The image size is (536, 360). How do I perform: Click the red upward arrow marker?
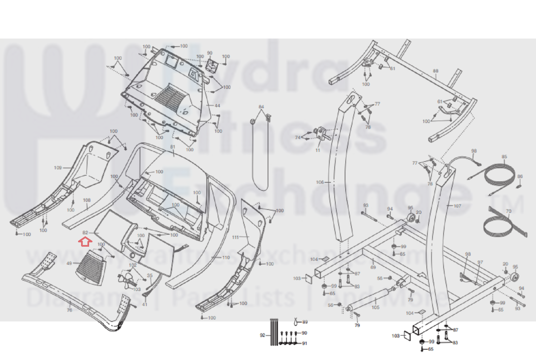pos(85,241)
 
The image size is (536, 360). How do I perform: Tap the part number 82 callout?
pos(85,233)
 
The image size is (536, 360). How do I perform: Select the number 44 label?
pos(217,106)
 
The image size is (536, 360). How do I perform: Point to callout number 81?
pos(173,147)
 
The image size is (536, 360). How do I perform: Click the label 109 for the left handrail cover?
pos(58,168)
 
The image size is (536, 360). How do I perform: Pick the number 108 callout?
pos(87,200)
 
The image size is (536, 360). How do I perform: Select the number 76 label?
pos(69,310)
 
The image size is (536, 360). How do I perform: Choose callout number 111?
pos(235,237)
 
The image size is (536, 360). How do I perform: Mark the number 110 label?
pos(226,258)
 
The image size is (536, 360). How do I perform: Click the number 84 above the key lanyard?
pos(261,107)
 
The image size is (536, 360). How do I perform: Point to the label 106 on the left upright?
pos(320,182)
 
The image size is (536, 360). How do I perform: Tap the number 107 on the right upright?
pos(457,206)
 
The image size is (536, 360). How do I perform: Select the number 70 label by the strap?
pos(509,211)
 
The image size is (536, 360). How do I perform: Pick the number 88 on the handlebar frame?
pos(435,71)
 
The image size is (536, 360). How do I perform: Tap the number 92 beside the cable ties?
pos(262,335)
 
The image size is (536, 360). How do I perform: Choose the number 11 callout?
pos(318,150)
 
